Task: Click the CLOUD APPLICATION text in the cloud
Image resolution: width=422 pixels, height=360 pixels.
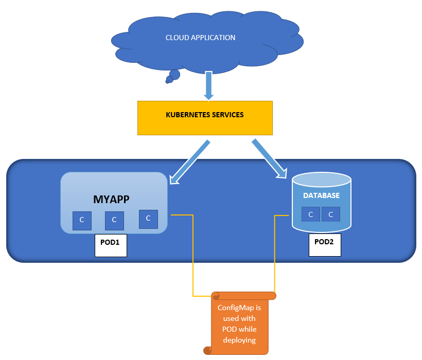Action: [200, 38]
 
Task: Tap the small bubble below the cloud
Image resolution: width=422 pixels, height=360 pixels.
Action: [174, 76]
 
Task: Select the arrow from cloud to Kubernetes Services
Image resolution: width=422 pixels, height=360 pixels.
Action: [208, 85]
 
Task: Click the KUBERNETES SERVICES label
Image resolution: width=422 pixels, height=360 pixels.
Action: [204, 115]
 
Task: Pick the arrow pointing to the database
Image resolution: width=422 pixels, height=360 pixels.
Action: [269, 158]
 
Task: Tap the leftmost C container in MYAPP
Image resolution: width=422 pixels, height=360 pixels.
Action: [81, 220]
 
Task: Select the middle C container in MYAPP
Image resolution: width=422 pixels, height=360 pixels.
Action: [114, 220]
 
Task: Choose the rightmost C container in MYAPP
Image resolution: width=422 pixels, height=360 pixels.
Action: [148, 218]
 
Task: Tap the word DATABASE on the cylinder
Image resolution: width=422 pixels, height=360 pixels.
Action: [321, 196]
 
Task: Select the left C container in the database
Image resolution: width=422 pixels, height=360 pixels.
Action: [310, 214]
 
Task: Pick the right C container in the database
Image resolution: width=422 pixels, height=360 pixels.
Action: [331, 214]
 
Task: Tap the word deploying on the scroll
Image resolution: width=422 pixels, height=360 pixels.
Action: [239, 340]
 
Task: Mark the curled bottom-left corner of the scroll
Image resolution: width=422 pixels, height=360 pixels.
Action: [207, 351]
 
